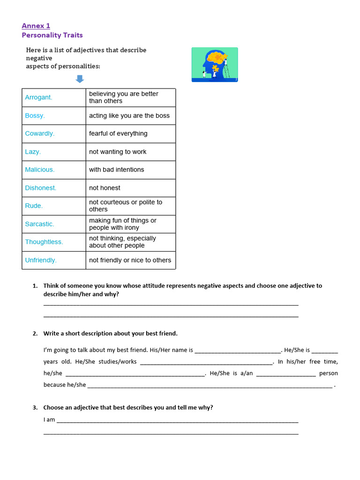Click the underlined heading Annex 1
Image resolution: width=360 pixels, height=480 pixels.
coord(36,26)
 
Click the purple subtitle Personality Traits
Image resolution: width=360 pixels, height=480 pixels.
coord(52,35)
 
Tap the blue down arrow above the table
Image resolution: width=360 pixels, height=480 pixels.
coord(80,79)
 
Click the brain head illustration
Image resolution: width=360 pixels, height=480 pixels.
coord(215,65)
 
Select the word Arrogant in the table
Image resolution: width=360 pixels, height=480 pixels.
coord(38,97)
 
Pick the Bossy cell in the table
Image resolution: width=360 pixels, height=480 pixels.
coord(35,116)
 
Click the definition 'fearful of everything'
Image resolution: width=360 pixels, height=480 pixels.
coord(118,134)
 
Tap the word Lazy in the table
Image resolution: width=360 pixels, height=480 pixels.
coord(33,152)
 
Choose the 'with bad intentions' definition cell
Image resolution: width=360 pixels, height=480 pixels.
coord(117,170)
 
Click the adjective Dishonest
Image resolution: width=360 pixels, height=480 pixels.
coord(41,188)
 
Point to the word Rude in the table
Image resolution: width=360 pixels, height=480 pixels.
coord(34,206)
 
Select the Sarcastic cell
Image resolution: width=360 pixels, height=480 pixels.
coord(39,224)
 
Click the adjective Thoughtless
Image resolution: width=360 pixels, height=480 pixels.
coord(44,242)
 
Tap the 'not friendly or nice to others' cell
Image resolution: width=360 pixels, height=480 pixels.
coord(130,260)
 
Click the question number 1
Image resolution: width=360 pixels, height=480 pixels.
coord(35,286)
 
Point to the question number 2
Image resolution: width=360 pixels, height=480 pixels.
coord(35,334)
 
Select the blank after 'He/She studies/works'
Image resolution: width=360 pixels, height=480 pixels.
coord(206,362)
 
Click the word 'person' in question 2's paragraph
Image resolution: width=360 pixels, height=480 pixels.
coord(328,374)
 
